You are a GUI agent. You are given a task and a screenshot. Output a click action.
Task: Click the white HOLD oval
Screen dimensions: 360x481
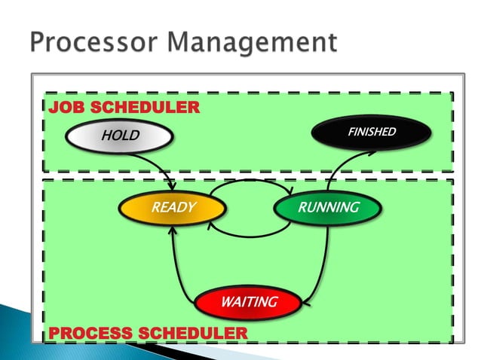coord(118,136)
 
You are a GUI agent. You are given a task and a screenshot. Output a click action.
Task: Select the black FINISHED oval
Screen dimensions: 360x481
coord(372,133)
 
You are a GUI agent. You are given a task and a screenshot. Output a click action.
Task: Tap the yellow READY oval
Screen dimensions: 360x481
coord(173,207)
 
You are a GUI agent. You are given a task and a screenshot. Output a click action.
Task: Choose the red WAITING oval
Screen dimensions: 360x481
coord(249,303)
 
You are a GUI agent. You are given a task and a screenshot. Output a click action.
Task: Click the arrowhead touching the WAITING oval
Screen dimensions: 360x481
coord(307,304)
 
